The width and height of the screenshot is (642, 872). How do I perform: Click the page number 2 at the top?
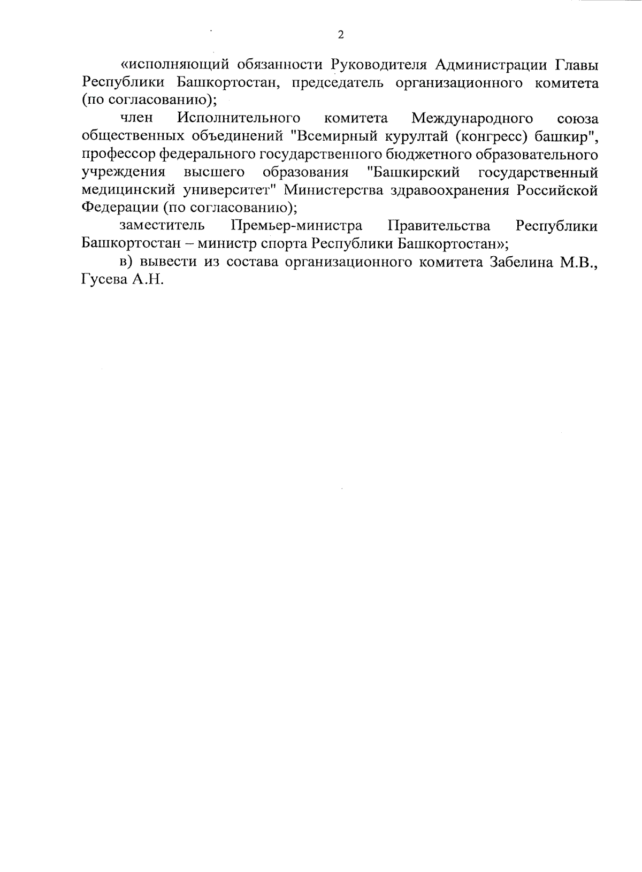pyautogui.click(x=341, y=35)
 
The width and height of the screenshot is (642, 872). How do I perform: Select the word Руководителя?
pyautogui.click(x=379, y=65)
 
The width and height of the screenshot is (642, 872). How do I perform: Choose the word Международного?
pyautogui.click(x=472, y=118)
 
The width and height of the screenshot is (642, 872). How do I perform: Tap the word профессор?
pyautogui.click(x=119, y=155)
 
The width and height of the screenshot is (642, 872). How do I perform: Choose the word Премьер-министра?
pyautogui.click(x=296, y=226)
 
